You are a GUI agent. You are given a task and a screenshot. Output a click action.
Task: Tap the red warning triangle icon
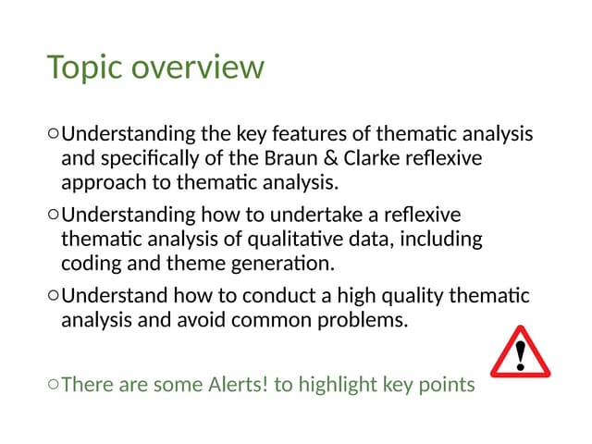coord(520,352)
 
